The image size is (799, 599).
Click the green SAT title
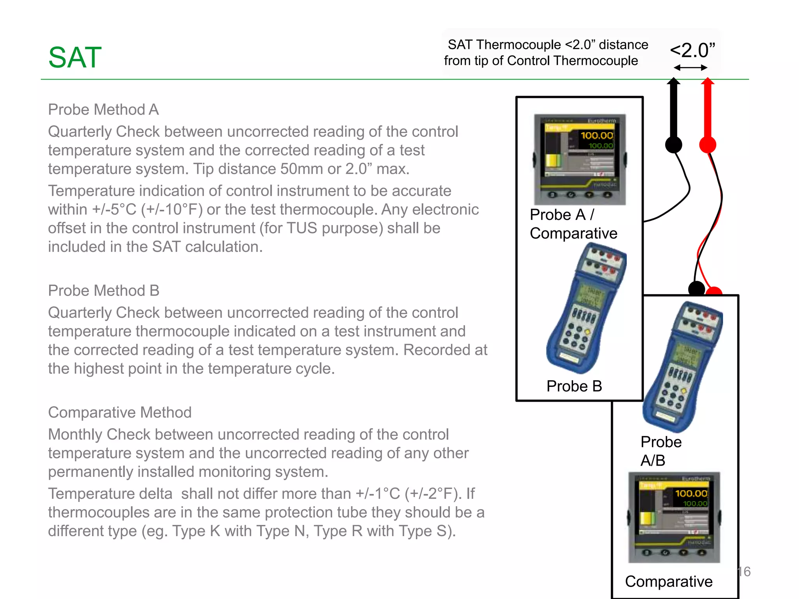(x=75, y=57)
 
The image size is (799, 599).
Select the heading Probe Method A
(x=103, y=110)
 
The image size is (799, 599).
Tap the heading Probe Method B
(x=104, y=291)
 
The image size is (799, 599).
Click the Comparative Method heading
(x=120, y=412)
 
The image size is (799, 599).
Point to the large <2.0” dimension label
(x=692, y=50)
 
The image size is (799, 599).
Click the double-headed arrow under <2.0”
(x=690, y=68)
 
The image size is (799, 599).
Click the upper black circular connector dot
(x=673, y=145)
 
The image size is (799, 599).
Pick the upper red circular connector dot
(x=707, y=145)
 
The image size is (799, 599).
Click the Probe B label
(x=574, y=386)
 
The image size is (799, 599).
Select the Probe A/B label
(x=661, y=451)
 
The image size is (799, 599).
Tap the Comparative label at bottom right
(x=669, y=581)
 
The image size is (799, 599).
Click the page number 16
(x=744, y=572)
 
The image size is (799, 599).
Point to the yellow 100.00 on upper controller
(x=597, y=135)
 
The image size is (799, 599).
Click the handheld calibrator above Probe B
(x=585, y=308)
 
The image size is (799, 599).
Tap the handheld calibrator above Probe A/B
(x=682, y=367)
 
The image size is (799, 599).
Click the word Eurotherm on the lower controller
(x=696, y=478)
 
